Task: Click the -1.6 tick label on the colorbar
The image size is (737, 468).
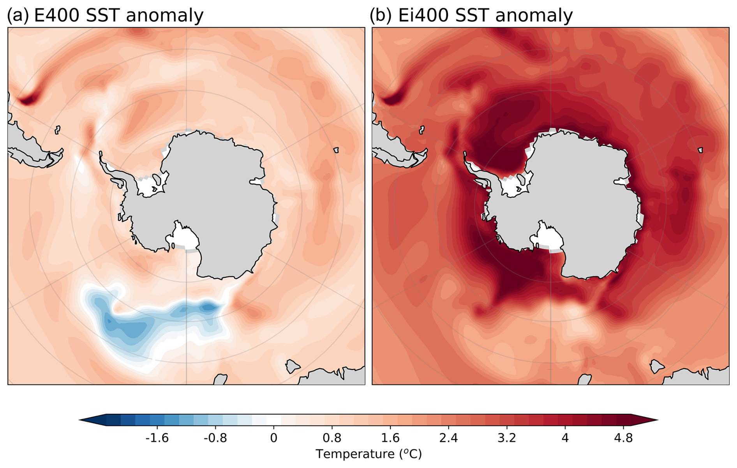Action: pos(157,438)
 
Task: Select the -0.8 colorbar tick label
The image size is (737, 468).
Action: pos(215,438)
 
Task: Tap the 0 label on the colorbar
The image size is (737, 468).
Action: pos(273,438)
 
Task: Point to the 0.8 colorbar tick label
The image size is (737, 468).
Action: pos(332,438)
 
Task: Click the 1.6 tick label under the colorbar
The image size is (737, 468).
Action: pos(390,438)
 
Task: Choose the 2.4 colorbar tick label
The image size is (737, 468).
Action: pos(448,438)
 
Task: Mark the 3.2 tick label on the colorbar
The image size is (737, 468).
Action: pos(507,438)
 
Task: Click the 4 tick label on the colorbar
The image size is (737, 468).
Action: pos(565,438)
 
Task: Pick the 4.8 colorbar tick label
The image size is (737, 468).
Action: pos(623,438)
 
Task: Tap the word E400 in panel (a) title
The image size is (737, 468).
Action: pos(56,16)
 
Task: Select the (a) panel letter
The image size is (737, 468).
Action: pos(18,16)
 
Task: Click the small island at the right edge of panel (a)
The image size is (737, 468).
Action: pos(336,150)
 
